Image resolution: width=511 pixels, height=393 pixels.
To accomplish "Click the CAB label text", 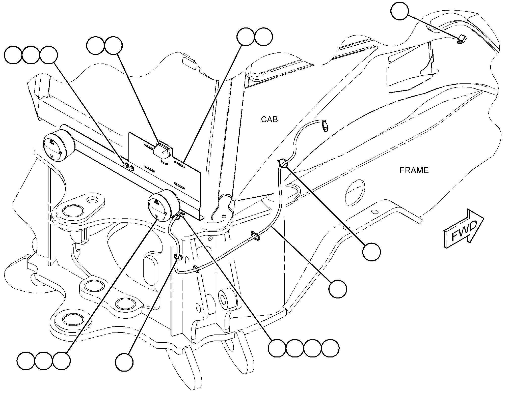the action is coord(269,119).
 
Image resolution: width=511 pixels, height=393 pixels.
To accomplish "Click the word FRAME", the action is coord(414,171).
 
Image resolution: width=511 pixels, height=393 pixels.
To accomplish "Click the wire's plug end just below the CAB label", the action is coord(325,126).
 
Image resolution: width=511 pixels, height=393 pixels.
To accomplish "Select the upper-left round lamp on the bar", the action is coord(59,146).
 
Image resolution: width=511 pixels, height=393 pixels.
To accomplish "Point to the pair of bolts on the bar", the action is coord(128,167).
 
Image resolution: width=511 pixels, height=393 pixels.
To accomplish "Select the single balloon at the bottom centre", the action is coord(124,362).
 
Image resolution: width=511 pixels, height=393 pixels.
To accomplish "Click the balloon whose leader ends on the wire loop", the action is coord(371,252).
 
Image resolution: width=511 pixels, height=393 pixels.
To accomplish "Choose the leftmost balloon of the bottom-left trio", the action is coord(26,361).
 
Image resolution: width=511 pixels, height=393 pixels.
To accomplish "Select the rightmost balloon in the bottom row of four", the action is coord(330,348).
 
